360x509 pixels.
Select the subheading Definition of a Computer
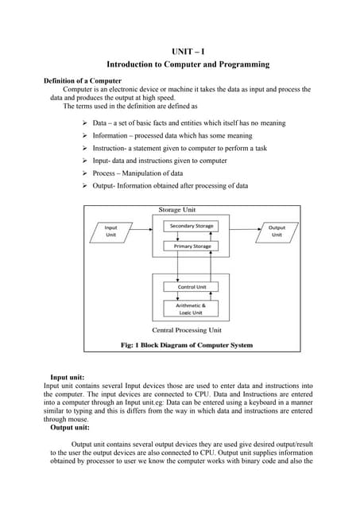(82, 80)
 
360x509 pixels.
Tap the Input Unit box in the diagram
(111, 231)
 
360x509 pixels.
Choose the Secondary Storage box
(192, 227)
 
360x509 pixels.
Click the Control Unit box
(192, 286)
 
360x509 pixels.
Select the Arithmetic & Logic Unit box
(192, 309)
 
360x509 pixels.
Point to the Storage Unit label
(177, 211)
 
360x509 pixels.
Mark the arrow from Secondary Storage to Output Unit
(238, 227)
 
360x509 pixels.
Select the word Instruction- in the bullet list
(113, 149)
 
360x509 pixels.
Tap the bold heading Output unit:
(70, 427)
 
